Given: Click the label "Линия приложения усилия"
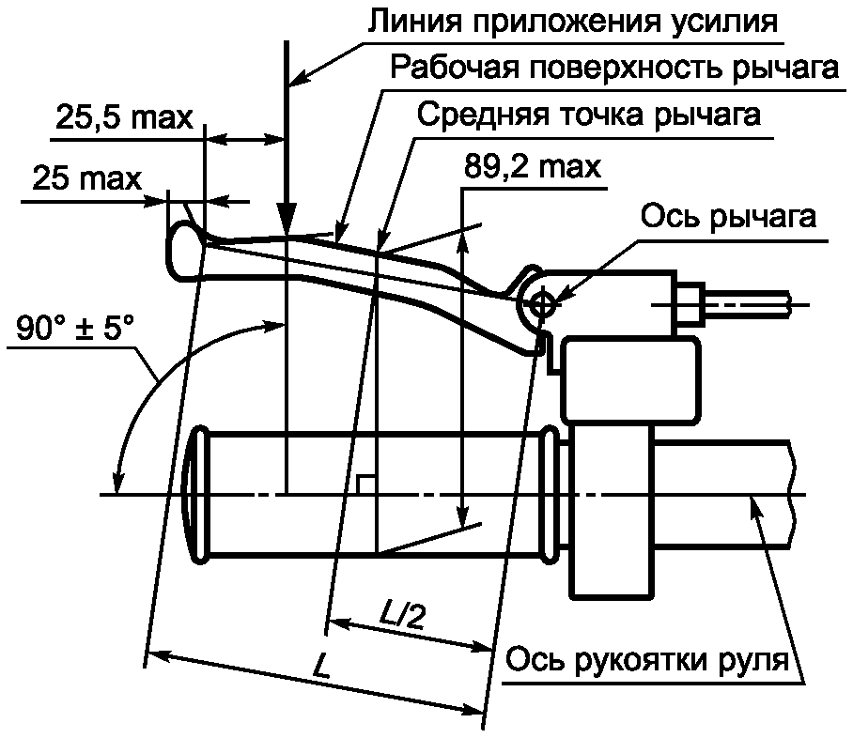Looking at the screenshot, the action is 573,22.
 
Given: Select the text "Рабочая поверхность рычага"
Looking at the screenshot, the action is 614,69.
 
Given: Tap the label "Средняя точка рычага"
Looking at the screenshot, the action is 589,115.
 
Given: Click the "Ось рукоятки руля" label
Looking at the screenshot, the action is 647,660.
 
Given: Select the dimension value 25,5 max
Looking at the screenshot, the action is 124,117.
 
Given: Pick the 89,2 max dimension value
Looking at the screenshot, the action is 533,166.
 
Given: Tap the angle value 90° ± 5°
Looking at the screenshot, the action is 75,327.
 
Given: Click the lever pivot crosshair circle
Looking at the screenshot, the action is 541,304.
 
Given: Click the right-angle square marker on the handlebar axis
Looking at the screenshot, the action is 366,484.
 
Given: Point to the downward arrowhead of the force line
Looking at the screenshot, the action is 287,219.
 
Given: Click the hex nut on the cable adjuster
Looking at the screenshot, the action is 690,304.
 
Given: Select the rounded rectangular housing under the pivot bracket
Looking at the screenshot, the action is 630,379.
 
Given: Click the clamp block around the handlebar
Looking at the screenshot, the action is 611,511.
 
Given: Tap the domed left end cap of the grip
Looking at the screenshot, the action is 195,495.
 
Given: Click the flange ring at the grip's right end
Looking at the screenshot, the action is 551,494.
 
